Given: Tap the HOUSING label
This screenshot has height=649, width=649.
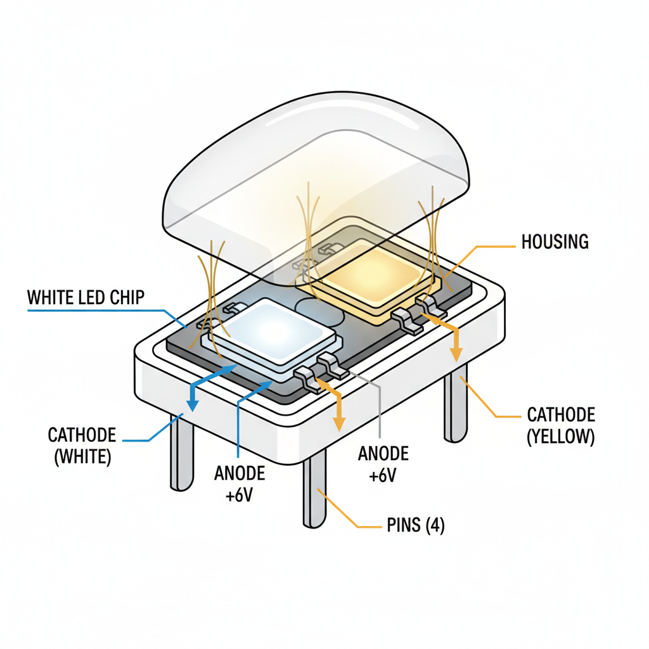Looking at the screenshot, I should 554,241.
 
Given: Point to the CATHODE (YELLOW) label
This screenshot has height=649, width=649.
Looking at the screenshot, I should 560,426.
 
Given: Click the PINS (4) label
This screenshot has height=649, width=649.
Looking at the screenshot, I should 415,525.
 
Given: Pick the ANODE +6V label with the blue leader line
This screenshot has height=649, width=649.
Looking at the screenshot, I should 239,484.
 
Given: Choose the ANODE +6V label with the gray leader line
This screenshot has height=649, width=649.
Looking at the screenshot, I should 383,465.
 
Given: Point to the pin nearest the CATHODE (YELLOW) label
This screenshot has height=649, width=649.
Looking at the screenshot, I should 456,406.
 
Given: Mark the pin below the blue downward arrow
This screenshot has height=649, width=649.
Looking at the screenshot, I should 182,453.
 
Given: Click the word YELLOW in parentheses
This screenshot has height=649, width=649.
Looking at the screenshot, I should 561,437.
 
